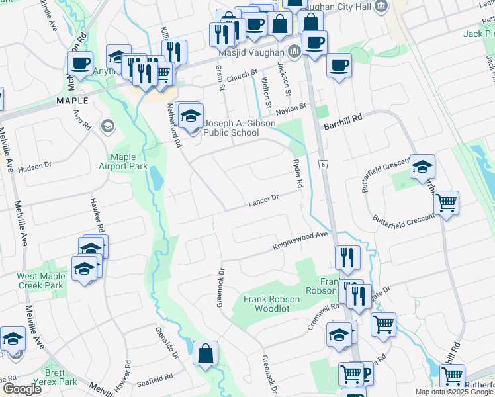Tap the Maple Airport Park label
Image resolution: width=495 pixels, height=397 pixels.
(x=128, y=161)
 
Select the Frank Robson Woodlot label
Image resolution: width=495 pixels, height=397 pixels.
(x=271, y=304)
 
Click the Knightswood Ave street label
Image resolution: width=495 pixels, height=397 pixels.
(x=301, y=241)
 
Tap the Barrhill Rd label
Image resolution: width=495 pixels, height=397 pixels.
(x=343, y=116)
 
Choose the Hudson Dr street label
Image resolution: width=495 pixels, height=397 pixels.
(x=34, y=168)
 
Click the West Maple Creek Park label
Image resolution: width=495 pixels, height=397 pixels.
(x=41, y=281)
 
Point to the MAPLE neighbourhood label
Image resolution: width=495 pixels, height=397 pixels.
(x=72, y=100)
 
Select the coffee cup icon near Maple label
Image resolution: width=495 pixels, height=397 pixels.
(x=80, y=64)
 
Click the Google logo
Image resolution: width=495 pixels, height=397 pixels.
(x=22, y=388)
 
